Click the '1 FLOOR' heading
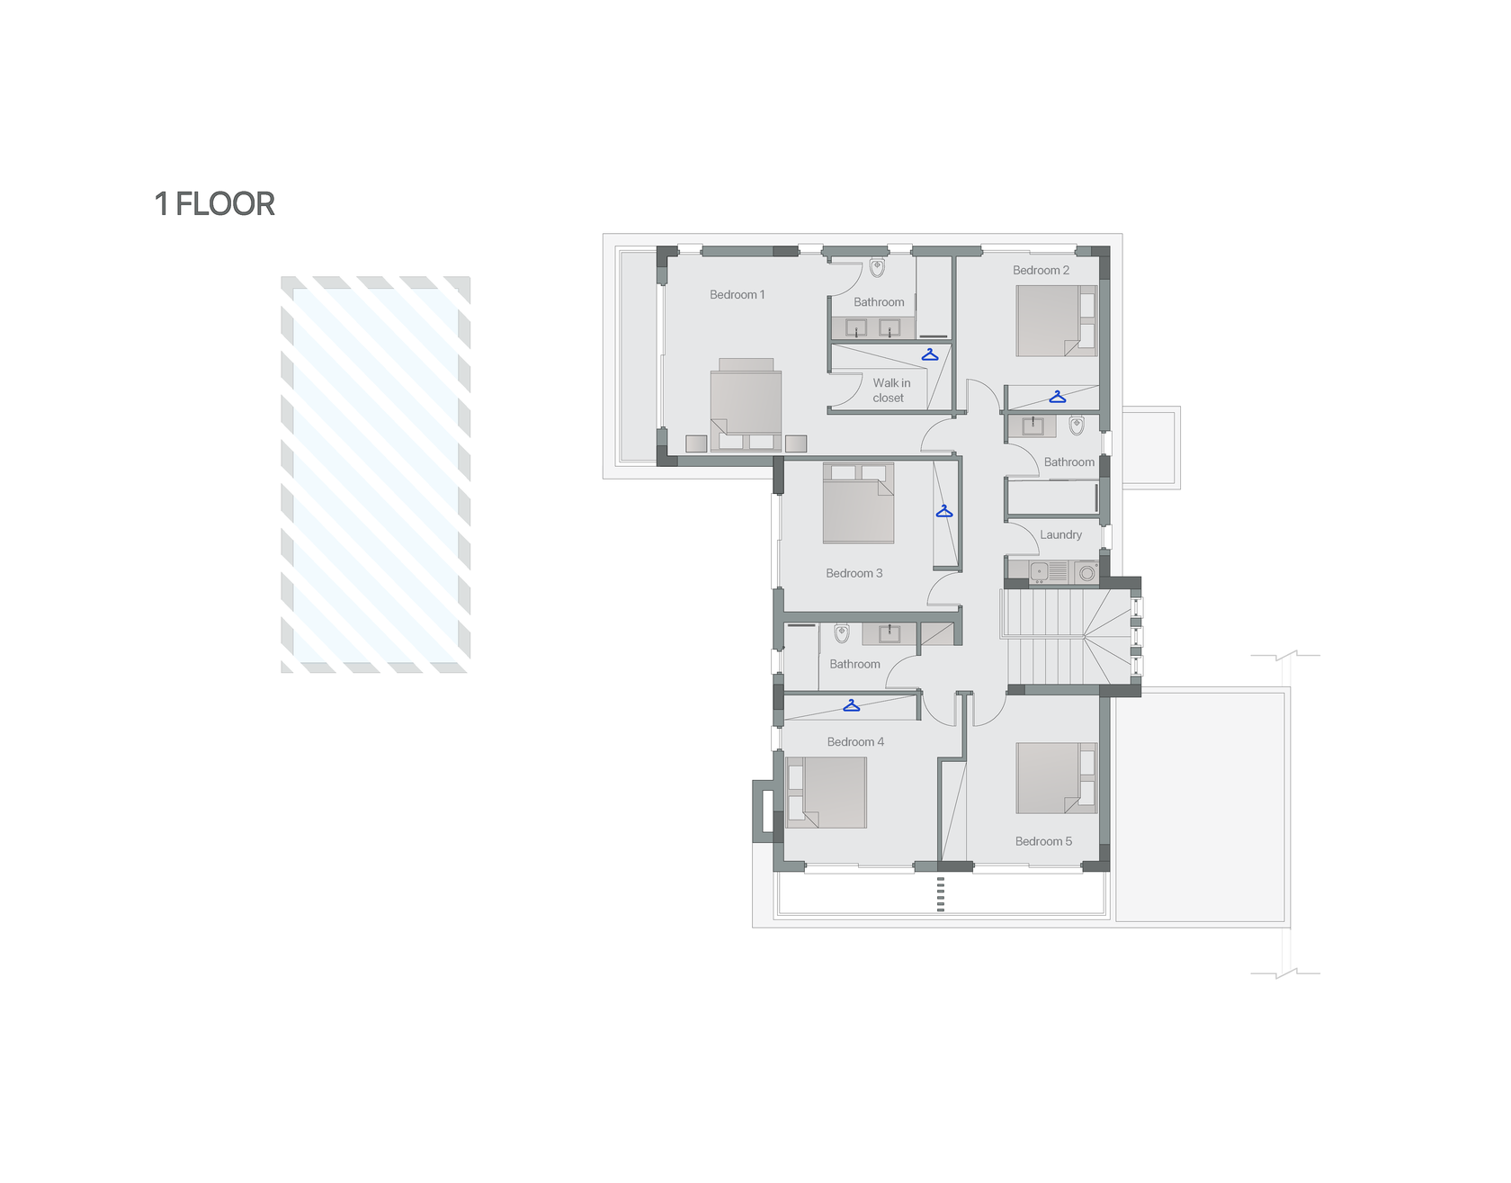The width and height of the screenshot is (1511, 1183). tap(215, 204)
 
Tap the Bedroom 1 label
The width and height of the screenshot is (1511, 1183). tap(738, 295)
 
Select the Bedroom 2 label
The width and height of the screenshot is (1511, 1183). tap(1041, 270)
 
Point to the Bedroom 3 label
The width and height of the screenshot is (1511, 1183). tap(854, 573)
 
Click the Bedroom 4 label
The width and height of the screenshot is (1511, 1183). tap(855, 742)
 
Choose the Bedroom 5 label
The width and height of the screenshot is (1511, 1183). tap(1043, 842)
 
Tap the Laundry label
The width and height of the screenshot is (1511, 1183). tap(1060, 534)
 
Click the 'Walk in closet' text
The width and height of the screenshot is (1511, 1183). tap(890, 390)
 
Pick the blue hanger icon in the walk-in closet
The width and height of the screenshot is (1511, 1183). tap(930, 355)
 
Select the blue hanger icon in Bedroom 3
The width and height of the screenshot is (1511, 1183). tap(943, 512)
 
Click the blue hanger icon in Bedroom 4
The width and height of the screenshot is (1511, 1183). tap(851, 706)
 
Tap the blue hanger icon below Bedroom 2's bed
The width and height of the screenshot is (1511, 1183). tap(1058, 397)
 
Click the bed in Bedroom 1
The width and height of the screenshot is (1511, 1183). tap(746, 405)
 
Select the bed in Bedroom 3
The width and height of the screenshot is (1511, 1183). tap(859, 503)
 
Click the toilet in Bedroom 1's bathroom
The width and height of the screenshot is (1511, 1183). tap(877, 267)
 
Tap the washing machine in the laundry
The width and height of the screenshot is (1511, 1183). tap(1086, 572)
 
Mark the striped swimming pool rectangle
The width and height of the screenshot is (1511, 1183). tap(376, 474)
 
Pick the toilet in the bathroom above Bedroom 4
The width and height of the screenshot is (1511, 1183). tap(842, 632)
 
